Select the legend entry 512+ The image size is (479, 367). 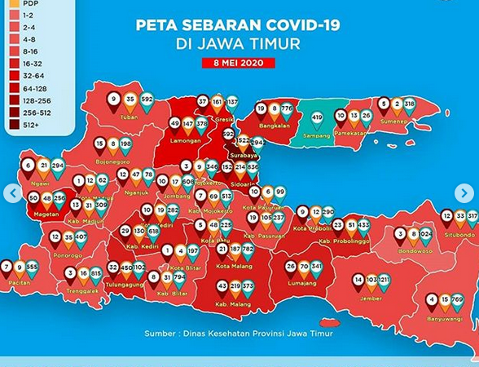[28, 125]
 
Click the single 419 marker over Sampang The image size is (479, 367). [318, 117]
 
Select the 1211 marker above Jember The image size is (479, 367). [384, 281]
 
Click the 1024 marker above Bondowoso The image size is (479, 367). [425, 233]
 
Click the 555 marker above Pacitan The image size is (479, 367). [32, 267]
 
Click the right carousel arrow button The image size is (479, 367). [464, 193]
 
